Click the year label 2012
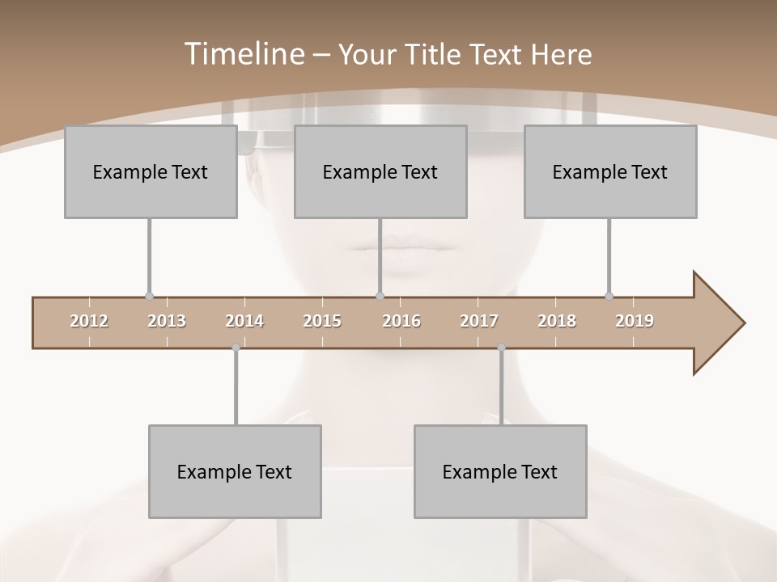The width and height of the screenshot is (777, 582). pyautogui.click(x=89, y=321)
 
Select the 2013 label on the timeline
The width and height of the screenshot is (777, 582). pyautogui.click(x=167, y=321)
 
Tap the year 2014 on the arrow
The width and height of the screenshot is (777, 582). pyautogui.click(x=244, y=321)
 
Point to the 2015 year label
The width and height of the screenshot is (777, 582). pyautogui.click(x=322, y=321)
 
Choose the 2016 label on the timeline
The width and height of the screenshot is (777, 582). pyautogui.click(x=401, y=321)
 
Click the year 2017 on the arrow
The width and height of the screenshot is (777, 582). pyautogui.click(x=479, y=321)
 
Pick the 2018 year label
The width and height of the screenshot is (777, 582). pyautogui.click(x=557, y=321)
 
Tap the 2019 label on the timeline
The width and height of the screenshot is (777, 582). pyautogui.click(x=635, y=321)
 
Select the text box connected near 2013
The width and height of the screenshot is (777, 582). pyautogui.click(x=151, y=171)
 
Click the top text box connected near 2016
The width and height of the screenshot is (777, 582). pyautogui.click(x=380, y=171)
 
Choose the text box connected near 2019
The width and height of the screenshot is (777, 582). pyautogui.click(x=610, y=171)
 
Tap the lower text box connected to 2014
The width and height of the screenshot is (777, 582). pyautogui.click(x=235, y=471)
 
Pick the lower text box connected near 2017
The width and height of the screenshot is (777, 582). pyautogui.click(x=500, y=471)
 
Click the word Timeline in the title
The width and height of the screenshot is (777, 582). pyautogui.click(x=243, y=54)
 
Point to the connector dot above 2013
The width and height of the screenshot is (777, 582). pyautogui.click(x=149, y=297)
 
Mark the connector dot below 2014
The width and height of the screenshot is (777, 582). pyautogui.click(x=236, y=348)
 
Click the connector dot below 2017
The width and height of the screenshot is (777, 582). pyautogui.click(x=501, y=348)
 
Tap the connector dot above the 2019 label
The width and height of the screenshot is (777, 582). pyautogui.click(x=609, y=297)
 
